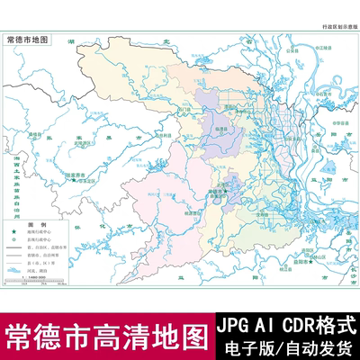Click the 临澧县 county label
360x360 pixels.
219,129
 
